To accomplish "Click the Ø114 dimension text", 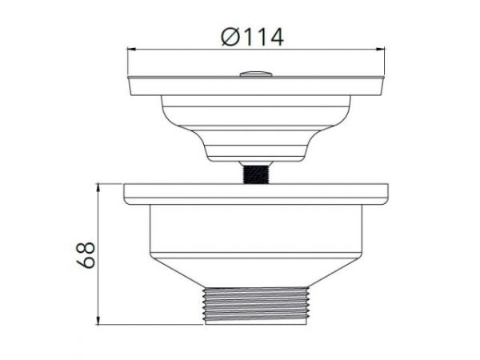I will click(x=251, y=35).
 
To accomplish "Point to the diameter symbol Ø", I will click(x=228, y=36).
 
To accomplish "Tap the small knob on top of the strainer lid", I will click(x=256, y=74).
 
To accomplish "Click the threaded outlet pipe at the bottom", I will click(x=256, y=306).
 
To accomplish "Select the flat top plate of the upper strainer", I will click(x=256, y=86).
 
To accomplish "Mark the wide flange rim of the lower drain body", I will click(x=256, y=193).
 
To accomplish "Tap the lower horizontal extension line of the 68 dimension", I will click(x=152, y=325).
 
